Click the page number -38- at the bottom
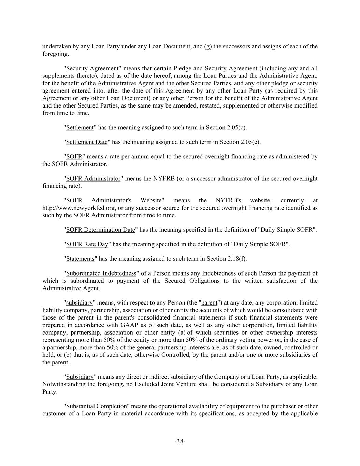click(180, 441)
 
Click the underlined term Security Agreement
click(92, 68)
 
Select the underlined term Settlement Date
click(87, 142)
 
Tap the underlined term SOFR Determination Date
click(101, 230)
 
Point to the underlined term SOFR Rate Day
click(87, 244)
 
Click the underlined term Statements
click(80, 259)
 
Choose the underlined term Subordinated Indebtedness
click(101, 273)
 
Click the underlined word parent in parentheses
click(209, 303)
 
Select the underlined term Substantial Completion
click(96, 406)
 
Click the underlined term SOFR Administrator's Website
click(114, 200)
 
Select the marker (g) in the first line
click(207, 46)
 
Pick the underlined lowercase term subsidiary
click(79, 303)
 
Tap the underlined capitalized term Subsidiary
click(80, 377)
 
